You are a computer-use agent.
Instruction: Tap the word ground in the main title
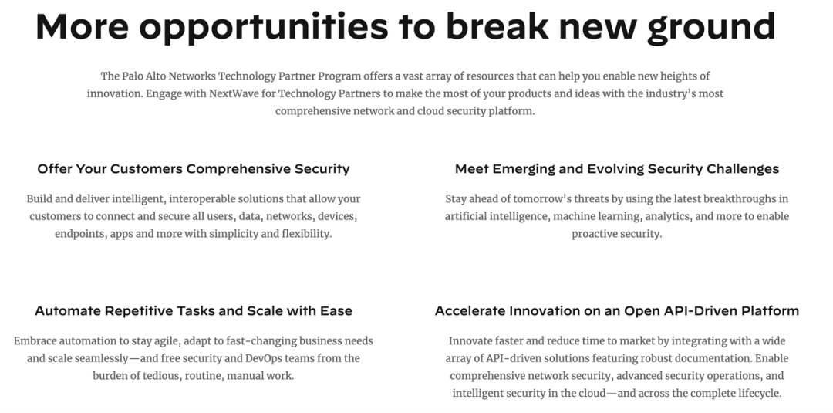click(x=711, y=27)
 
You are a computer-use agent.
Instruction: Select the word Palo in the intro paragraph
click(x=133, y=76)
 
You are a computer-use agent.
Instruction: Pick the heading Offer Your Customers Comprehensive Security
click(x=194, y=169)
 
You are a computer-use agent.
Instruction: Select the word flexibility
click(x=306, y=235)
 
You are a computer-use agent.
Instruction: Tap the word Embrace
click(x=34, y=341)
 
